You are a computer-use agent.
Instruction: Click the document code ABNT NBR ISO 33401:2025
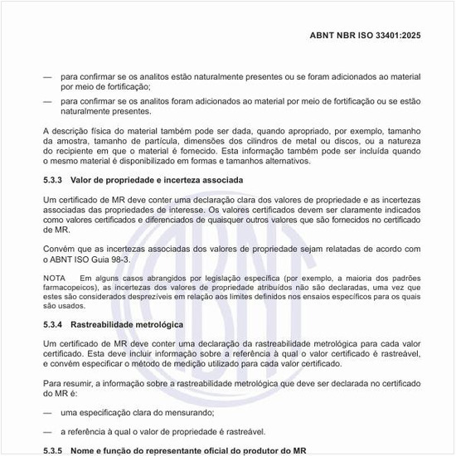[371, 36]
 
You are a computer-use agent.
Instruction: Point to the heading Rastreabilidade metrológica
[127, 323]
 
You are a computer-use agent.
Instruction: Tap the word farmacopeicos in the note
[69, 286]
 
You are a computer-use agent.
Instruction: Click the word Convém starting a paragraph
[59, 250]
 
